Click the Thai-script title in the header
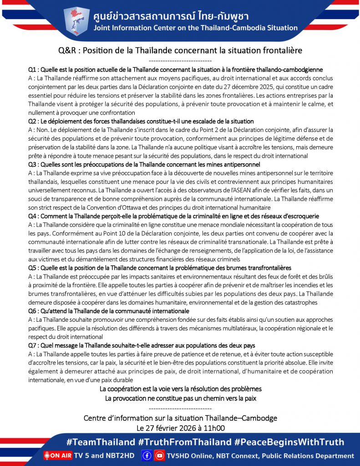[170, 16]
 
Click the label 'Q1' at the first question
[32, 70]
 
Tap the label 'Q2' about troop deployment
[32, 122]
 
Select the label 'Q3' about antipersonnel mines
[32, 164]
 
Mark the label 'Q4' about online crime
[32, 216]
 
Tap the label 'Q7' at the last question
[32, 345]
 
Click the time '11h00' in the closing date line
[215, 428]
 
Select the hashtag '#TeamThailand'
[101, 442]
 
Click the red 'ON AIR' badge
[58, 456]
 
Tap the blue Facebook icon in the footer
[147, 456]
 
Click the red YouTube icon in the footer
[159, 456]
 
